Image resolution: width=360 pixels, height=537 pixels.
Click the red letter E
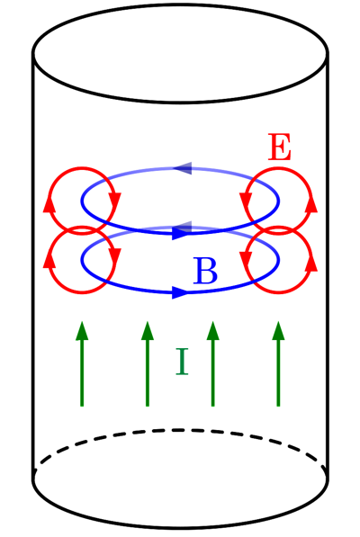280,147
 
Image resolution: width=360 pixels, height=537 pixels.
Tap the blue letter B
205,271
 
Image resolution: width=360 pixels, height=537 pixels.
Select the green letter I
182,362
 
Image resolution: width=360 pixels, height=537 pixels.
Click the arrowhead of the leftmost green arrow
82,330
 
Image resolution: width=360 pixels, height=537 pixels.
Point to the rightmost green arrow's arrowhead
278,330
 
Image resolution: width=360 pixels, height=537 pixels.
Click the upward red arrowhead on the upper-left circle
49,205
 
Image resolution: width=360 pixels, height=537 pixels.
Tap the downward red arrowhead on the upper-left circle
114,201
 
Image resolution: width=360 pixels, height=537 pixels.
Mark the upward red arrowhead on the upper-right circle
311,205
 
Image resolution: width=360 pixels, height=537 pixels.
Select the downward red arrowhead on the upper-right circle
246,201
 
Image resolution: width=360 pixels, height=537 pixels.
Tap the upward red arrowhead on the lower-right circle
311,264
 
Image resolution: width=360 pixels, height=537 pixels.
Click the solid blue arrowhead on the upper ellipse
180,234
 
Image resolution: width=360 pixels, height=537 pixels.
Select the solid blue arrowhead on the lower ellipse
180,292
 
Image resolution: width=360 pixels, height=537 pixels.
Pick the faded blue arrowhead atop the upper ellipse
183,168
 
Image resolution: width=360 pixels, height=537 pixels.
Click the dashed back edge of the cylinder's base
181,429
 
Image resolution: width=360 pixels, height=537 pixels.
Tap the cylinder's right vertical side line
328,266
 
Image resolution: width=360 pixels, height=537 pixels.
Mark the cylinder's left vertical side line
33,266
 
